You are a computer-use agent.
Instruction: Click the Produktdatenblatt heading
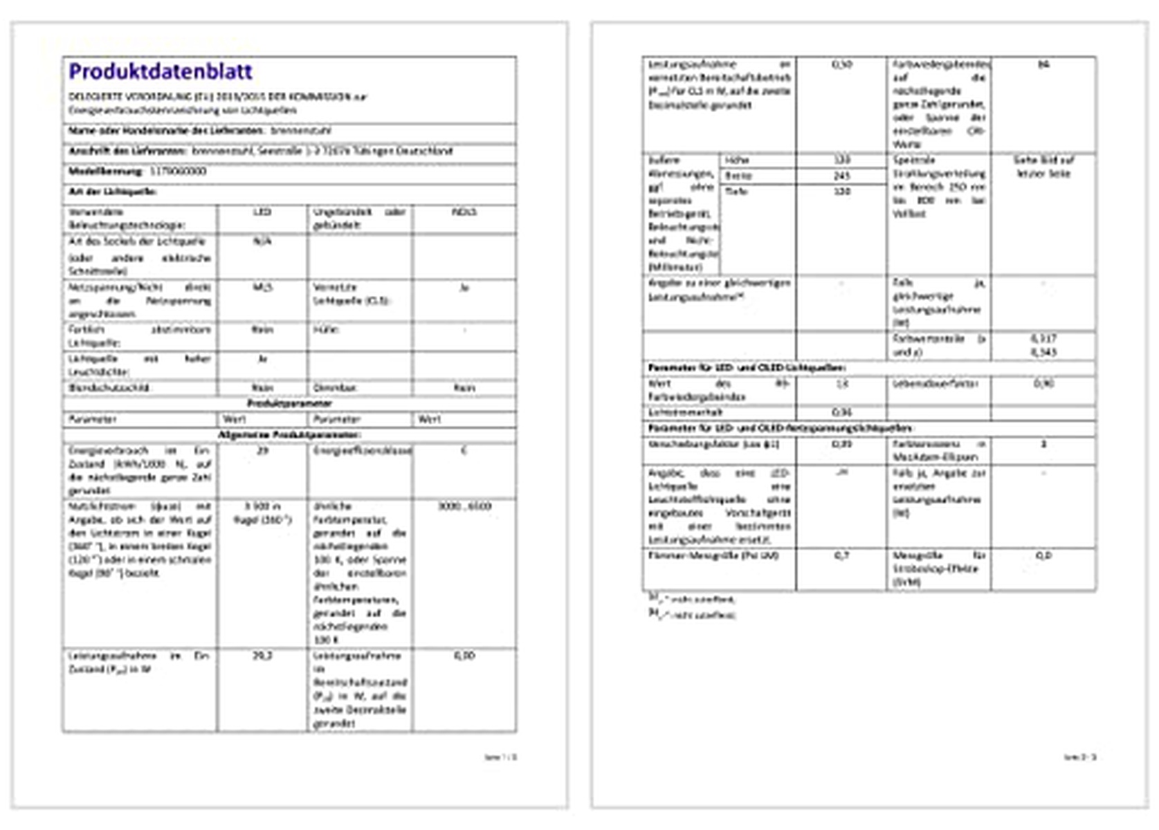(161, 71)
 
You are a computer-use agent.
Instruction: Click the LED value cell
(262, 212)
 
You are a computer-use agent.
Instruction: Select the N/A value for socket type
(262, 241)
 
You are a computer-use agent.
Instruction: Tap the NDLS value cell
(464, 212)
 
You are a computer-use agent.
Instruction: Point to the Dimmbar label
(335, 388)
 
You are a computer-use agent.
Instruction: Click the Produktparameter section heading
(289, 403)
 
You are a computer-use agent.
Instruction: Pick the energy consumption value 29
(262, 451)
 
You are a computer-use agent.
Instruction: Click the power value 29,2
(262, 656)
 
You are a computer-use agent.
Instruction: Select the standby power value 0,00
(464, 656)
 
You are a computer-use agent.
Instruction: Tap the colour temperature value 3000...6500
(464, 506)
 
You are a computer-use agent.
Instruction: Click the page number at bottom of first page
(500, 757)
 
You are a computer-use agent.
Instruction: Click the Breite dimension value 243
(841, 176)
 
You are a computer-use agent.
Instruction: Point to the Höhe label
(737, 160)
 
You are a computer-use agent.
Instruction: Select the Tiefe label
(736, 191)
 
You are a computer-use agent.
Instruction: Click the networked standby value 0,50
(841, 64)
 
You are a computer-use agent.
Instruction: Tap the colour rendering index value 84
(1043, 64)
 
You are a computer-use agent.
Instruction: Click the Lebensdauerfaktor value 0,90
(1043, 383)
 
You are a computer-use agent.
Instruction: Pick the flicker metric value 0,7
(841, 555)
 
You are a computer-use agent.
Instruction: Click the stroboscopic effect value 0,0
(1043, 555)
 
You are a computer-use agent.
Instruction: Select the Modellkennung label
(105, 172)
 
